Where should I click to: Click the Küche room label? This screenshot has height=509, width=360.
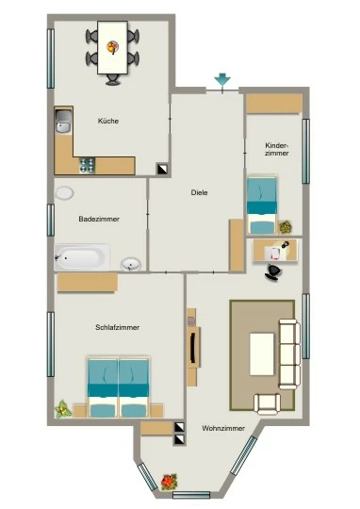[108, 121]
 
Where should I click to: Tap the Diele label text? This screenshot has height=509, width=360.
[199, 192]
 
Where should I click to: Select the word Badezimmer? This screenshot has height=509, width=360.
[99, 219]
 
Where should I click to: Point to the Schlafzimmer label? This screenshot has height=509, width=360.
[118, 327]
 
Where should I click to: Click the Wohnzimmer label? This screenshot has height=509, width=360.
[223, 428]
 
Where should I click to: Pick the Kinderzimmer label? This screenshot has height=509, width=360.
[277, 149]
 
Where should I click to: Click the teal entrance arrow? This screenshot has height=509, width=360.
[222, 79]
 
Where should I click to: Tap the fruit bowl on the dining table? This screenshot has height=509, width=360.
[112, 47]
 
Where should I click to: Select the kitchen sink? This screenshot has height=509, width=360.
[63, 121]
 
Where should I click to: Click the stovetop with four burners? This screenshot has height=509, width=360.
[88, 165]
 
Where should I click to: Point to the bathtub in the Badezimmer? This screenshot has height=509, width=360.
[82, 257]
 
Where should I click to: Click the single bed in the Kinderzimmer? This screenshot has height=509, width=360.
[262, 205]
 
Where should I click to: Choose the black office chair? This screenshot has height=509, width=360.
[273, 271]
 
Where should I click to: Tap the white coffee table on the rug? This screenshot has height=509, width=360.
[262, 354]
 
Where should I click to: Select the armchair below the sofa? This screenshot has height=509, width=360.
[267, 403]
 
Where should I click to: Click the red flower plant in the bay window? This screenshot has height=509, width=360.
[169, 482]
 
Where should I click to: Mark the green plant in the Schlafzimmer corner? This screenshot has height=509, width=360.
[63, 409]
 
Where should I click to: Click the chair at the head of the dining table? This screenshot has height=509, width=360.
[113, 79]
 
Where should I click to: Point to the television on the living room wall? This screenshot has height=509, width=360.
[193, 348]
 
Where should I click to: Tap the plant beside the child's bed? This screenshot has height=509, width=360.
[286, 227]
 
